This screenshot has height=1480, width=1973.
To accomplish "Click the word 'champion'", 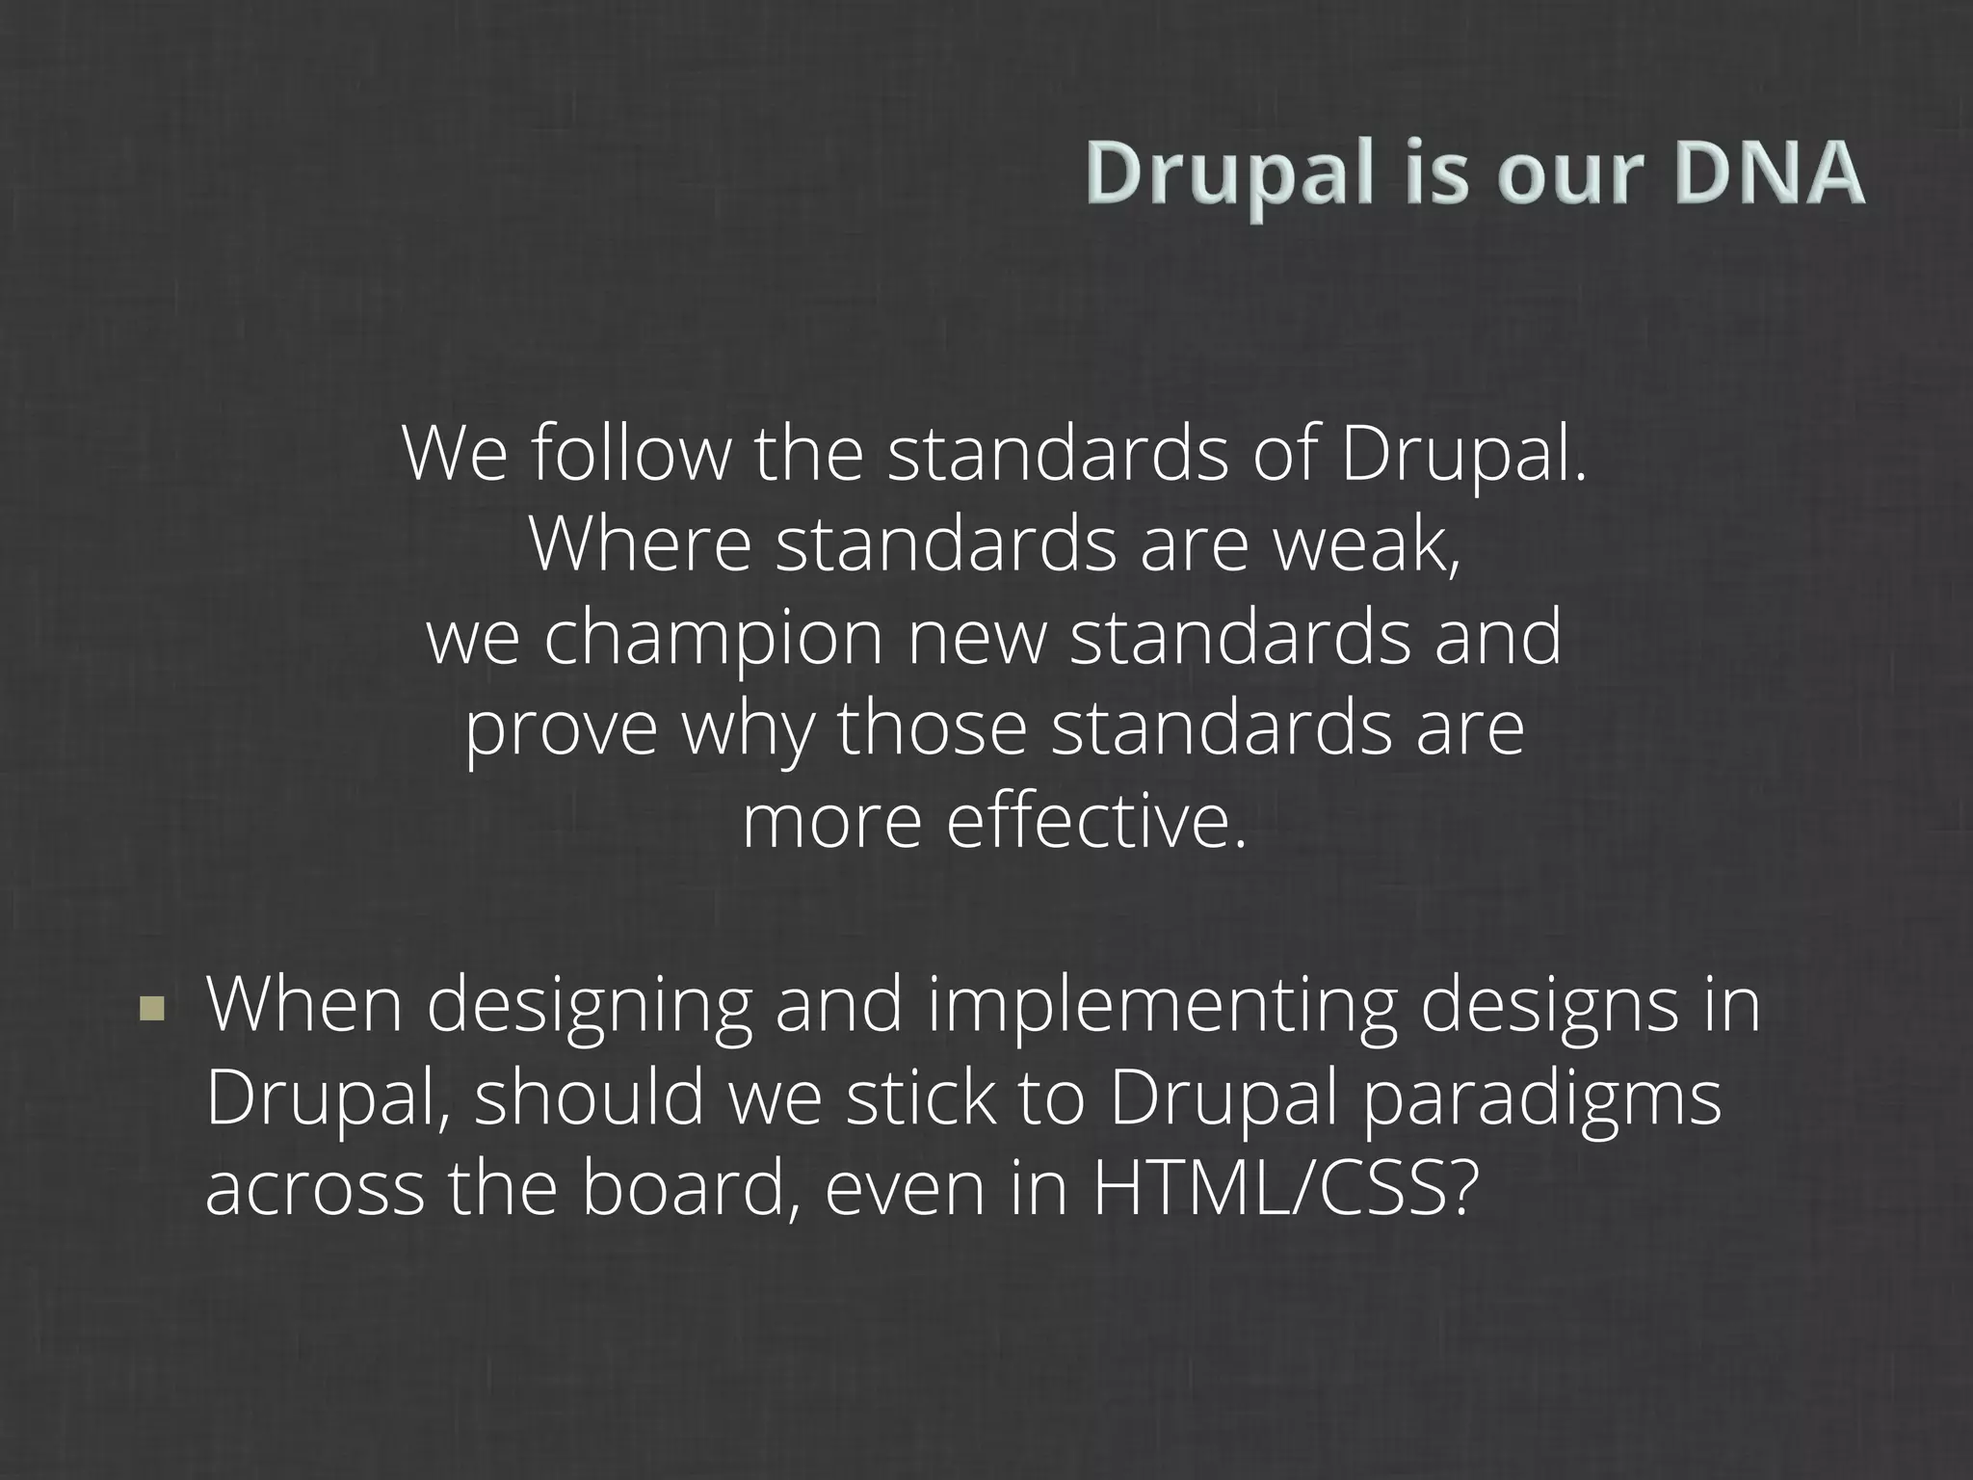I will pyautogui.click(x=714, y=640).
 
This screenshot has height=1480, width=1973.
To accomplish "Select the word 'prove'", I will pyautogui.click(x=562, y=730).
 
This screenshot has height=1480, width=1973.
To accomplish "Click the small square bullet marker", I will pyautogui.click(x=151, y=1009).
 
